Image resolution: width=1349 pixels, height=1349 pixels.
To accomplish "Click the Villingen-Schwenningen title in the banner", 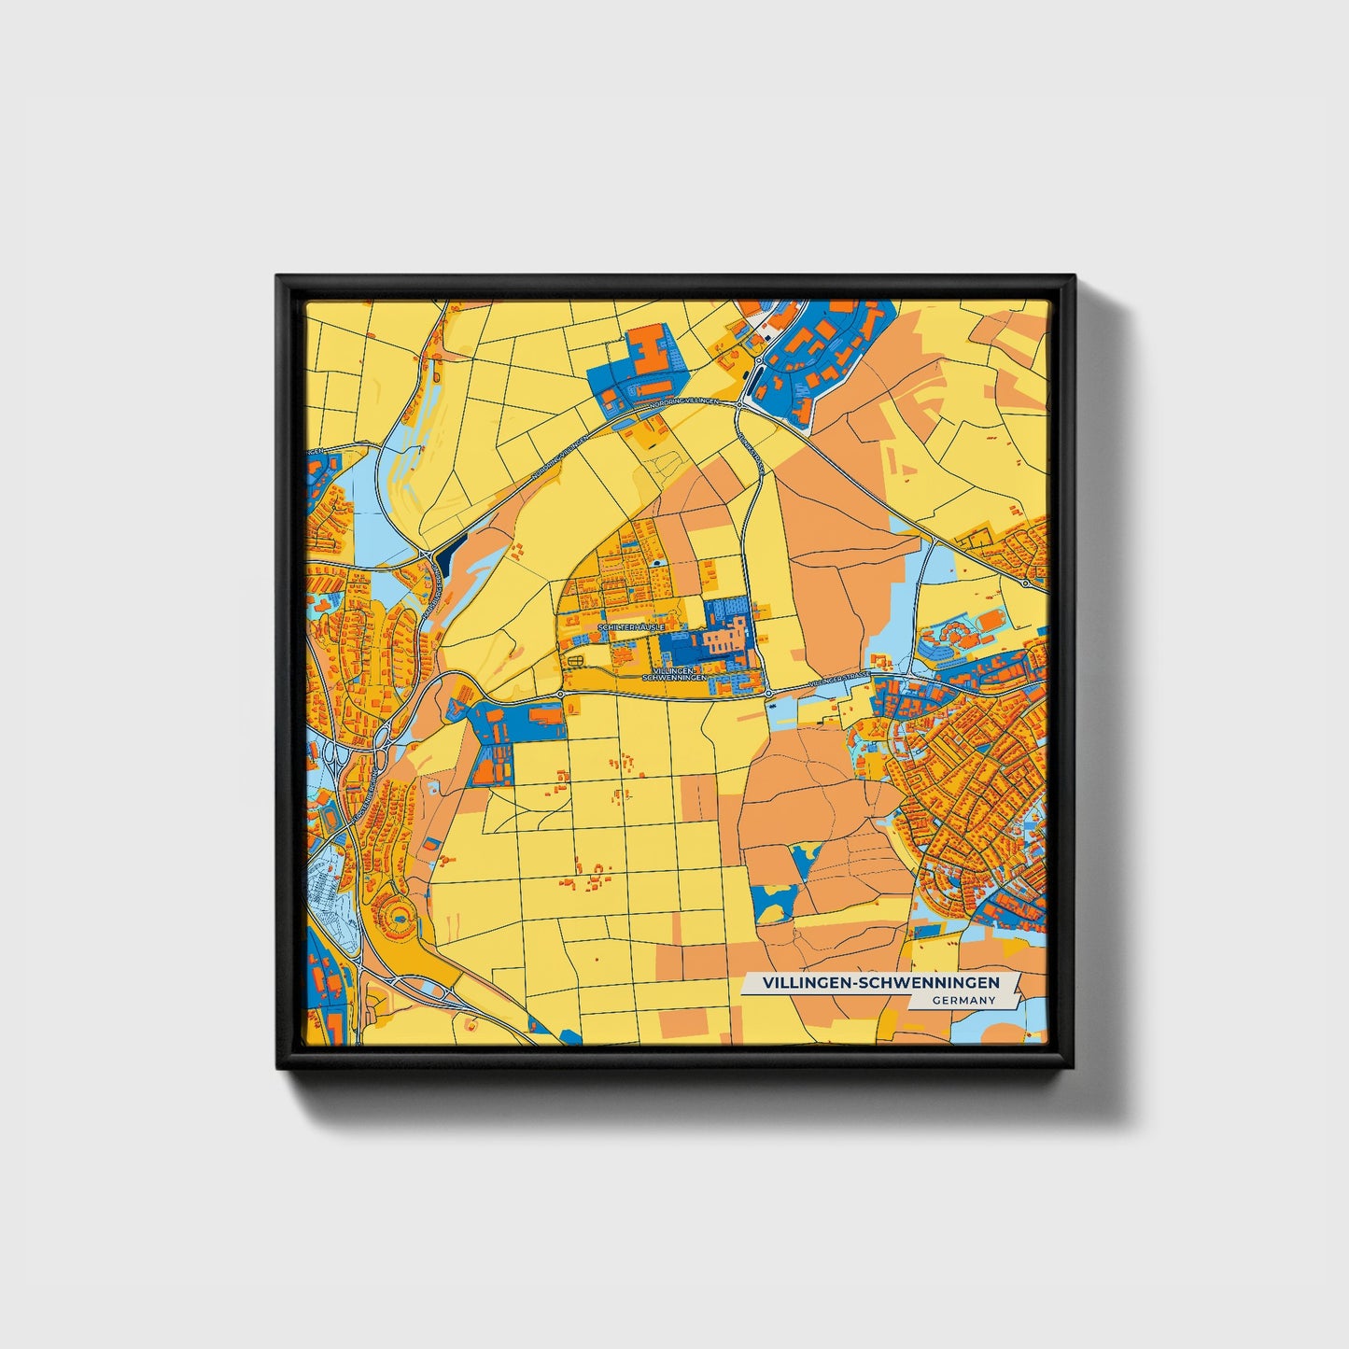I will point(880,983).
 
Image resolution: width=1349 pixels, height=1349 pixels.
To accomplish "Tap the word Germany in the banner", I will point(964,1000).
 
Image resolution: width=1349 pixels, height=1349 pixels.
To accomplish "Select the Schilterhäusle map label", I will point(631,626).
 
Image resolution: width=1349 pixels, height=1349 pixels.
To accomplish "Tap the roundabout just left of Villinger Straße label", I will point(767,694).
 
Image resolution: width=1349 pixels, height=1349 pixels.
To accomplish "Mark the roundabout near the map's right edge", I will point(1025,583).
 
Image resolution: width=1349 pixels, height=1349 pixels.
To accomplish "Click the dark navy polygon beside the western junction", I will point(444,558).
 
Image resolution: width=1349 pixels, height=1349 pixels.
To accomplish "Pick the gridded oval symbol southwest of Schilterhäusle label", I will point(576,662).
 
